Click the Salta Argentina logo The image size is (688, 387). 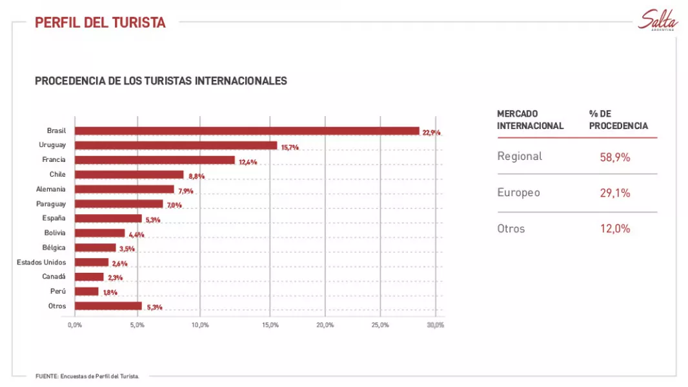click(658, 21)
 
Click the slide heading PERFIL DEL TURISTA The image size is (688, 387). click(100, 23)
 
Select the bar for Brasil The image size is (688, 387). click(247, 131)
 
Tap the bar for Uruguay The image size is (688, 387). click(176, 146)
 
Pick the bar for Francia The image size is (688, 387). click(155, 160)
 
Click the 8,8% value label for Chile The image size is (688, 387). click(197, 176)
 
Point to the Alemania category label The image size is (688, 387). click(51, 189)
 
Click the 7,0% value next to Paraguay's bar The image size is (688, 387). click(174, 205)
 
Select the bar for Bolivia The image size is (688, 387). click(100, 233)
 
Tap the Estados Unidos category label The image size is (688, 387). click(41, 263)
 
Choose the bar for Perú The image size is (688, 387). click(87, 292)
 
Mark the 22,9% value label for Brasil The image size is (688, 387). click(431, 132)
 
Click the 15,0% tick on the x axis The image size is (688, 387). click(270, 324)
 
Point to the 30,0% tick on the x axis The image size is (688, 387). click(436, 324)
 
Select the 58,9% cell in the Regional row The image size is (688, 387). click(614, 157)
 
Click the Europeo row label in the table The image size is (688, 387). click(518, 192)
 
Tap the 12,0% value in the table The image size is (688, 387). click(614, 229)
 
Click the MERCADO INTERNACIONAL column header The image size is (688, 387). click(530, 119)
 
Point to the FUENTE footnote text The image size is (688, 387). click(87, 376)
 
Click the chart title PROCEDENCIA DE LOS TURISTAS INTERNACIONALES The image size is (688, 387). click(161, 81)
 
